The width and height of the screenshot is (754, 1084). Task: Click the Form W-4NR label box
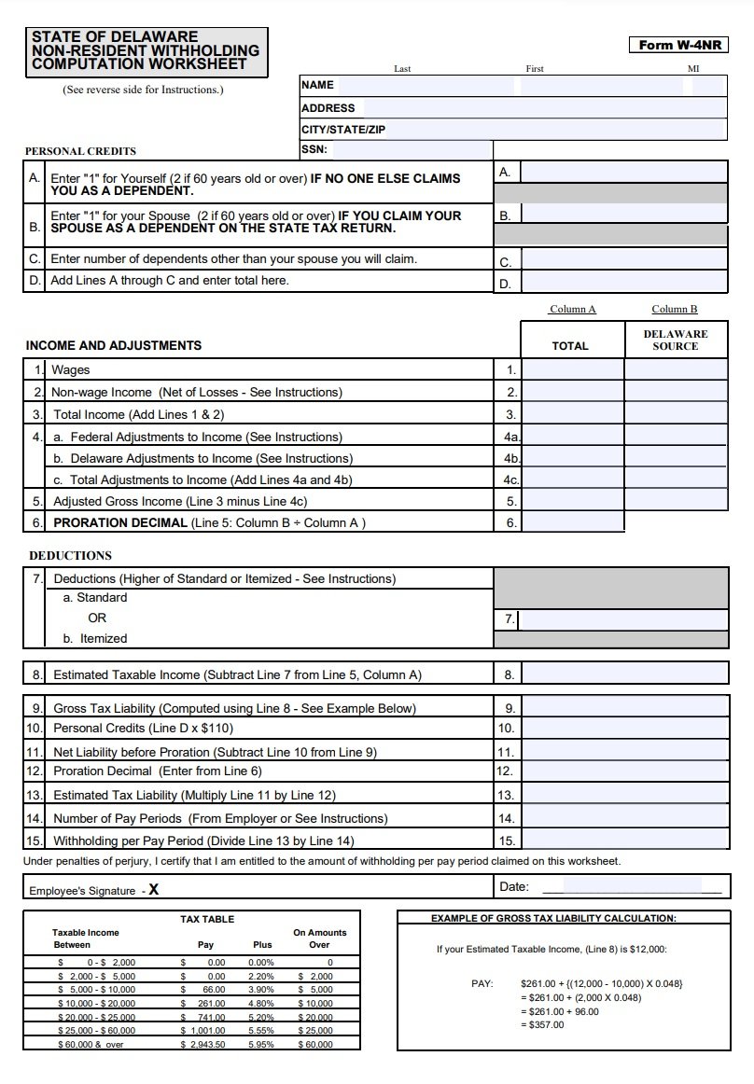pyautogui.click(x=679, y=45)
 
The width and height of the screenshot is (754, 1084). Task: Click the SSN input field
pyautogui.click(x=412, y=150)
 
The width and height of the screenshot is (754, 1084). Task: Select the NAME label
pyautogui.click(x=317, y=85)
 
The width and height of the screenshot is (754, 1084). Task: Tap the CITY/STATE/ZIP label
pyautogui.click(x=330, y=130)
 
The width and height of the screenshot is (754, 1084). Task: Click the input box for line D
pyautogui.click(x=624, y=282)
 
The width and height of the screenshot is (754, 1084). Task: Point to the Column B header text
pyautogui.click(x=674, y=309)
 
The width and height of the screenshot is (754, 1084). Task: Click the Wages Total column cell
pyautogui.click(x=571, y=369)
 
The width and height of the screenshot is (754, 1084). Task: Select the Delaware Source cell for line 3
pyautogui.click(x=676, y=413)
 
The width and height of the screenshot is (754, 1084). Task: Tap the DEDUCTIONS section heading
pyautogui.click(x=70, y=555)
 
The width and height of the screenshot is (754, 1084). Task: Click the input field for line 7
pyautogui.click(x=624, y=619)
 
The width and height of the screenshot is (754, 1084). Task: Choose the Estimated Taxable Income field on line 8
pyautogui.click(x=624, y=674)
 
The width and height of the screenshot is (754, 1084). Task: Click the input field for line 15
pyautogui.click(x=624, y=841)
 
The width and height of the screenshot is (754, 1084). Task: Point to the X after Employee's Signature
pyautogui.click(x=153, y=890)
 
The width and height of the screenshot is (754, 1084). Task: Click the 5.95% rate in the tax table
pyautogui.click(x=262, y=1045)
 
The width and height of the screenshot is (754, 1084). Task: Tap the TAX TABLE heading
pyautogui.click(x=207, y=919)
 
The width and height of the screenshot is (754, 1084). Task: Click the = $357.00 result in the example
pyautogui.click(x=542, y=1025)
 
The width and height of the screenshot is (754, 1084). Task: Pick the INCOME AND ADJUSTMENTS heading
pyautogui.click(x=114, y=345)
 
